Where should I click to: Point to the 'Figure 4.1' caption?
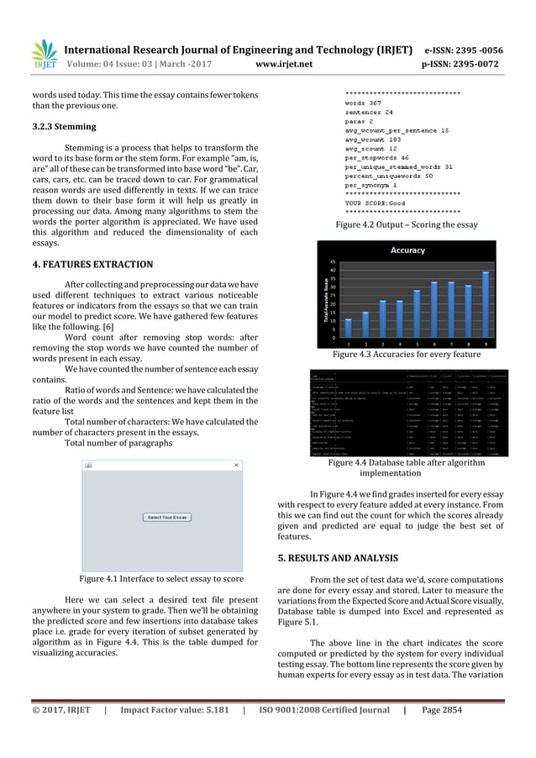[160, 579]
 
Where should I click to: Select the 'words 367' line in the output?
[364, 101]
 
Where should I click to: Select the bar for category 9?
[485, 305]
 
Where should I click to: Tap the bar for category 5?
[417, 313]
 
